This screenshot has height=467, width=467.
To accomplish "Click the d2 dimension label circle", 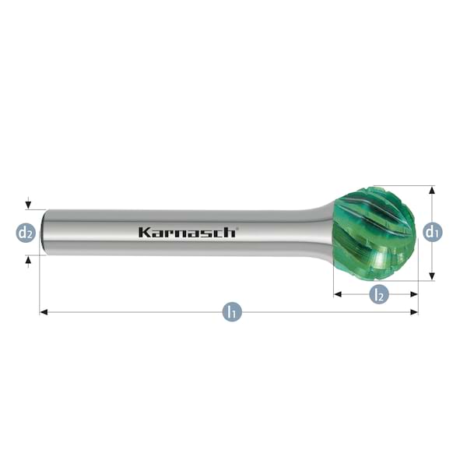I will [x=26, y=232].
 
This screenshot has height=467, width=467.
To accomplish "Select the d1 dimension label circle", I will [x=432, y=231].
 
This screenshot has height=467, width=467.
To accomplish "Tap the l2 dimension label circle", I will [x=378, y=294].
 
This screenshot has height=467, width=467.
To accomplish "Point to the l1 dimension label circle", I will [x=231, y=312].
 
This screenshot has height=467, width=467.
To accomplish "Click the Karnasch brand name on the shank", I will [x=187, y=232].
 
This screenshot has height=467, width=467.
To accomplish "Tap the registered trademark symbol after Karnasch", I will [x=237, y=228].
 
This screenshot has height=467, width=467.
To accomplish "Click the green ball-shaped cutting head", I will [x=374, y=233].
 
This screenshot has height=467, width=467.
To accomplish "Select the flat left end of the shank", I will [x=44, y=232].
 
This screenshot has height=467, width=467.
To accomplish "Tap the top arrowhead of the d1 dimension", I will [x=432, y=190].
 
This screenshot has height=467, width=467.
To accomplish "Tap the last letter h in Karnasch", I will [x=230, y=232].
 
